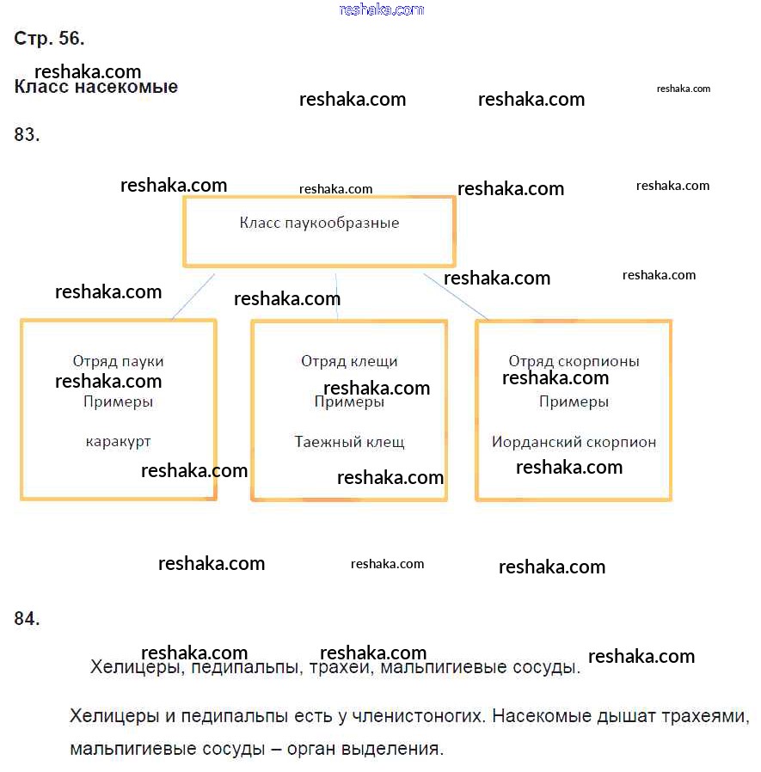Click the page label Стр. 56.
[49, 39]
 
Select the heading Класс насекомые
[96, 88]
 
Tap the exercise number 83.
[28, 134]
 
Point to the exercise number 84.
[28, 618]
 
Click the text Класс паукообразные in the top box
[319, 224]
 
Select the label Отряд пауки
[118, 362]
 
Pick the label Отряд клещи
[349, 362]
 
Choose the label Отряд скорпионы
[574, 362]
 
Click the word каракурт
[118, 442]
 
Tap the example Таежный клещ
[349, 443]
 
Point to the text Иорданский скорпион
[574, 443]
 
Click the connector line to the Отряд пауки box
[193, 297]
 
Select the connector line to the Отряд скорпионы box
[456, 297]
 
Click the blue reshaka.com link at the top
[382, 9]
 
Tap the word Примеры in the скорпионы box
[574, 402]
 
